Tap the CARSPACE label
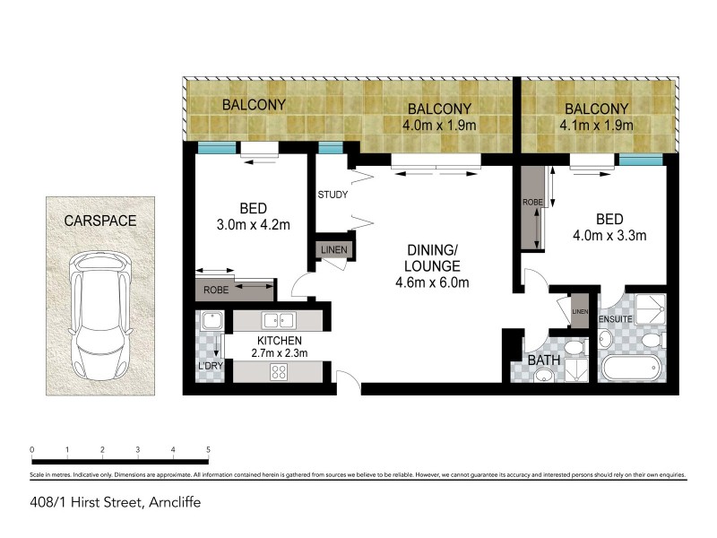tap(100, 220)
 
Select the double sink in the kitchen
tap(278, 319)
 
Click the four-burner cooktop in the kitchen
tap(278, 372)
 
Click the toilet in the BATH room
tap(576, 347)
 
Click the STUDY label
tap(333, 195)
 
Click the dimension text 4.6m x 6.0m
tap(432, 283)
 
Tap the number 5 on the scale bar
tap(208, 449)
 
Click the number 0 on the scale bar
tap(31, 449)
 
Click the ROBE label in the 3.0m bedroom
tap(214, 291)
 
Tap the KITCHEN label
tap(279, 342)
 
